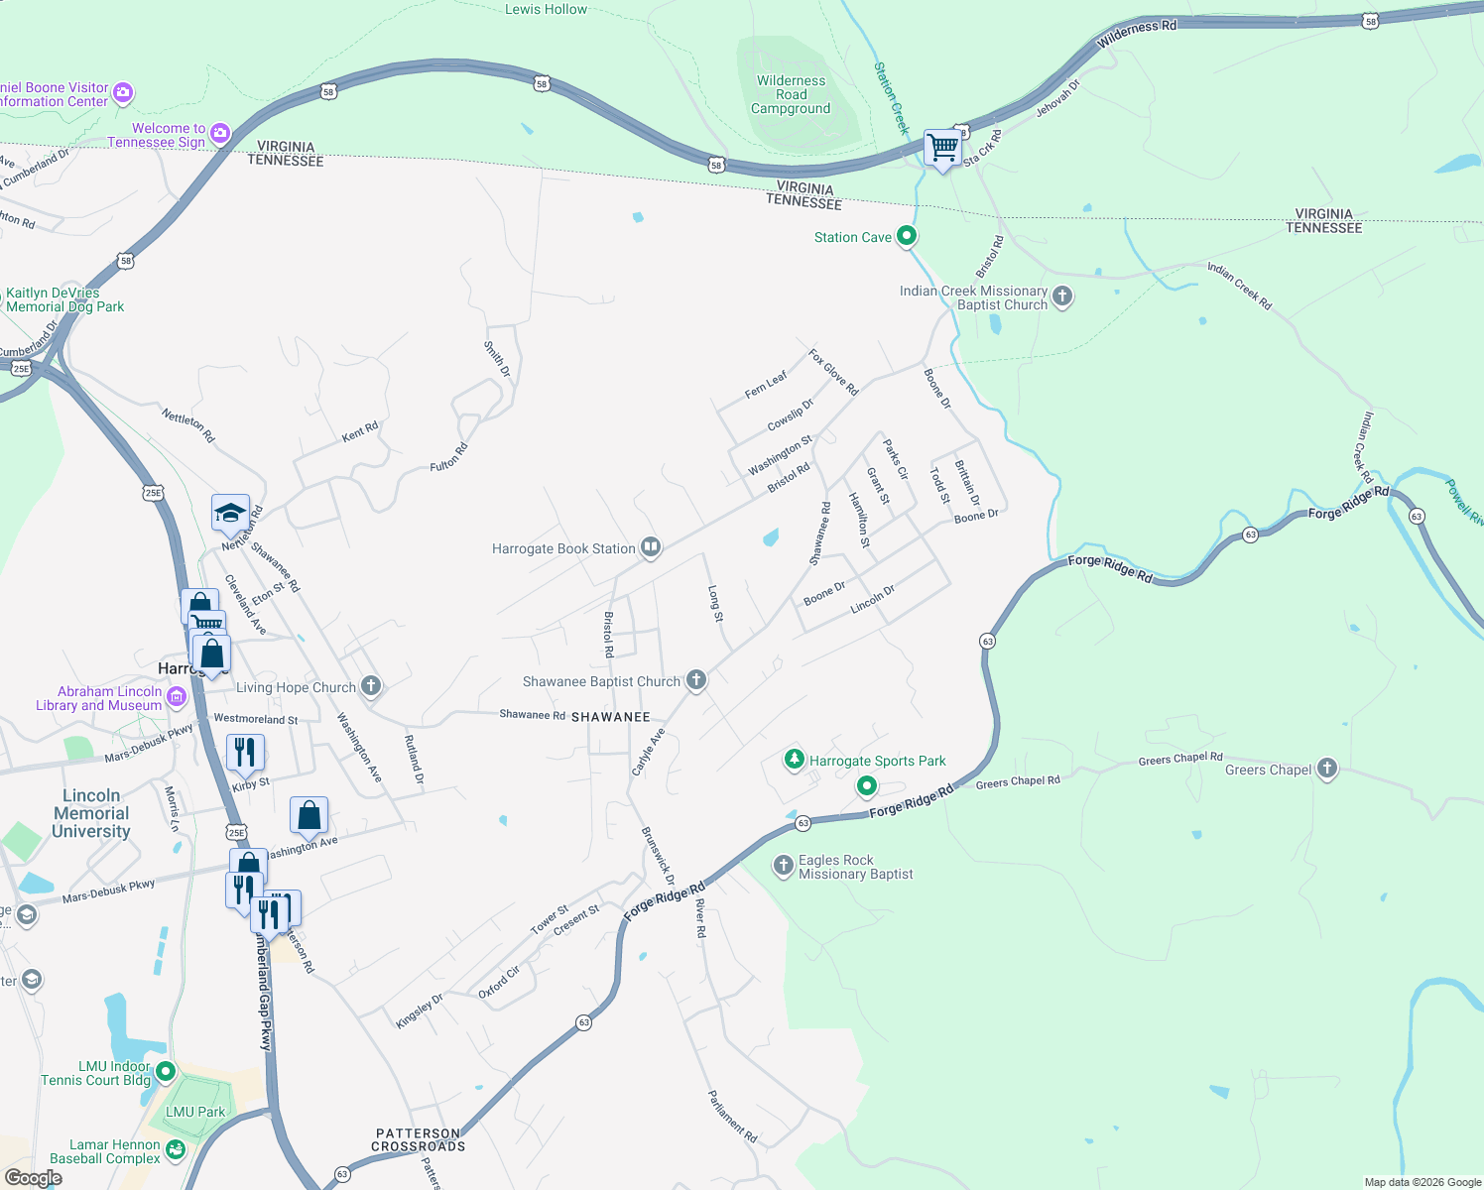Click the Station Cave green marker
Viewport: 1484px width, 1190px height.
coord(907,236)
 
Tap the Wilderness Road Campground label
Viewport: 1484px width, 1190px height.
coord(791,95)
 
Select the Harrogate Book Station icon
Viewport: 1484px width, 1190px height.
coord(651,547)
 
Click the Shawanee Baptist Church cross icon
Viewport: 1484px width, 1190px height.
coord(696,680)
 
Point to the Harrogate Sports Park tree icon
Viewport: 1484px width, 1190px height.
coord(794,760)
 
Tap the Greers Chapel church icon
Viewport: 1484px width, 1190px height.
coord(1327,769)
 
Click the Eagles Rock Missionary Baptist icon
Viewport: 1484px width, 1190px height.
coord(784,865)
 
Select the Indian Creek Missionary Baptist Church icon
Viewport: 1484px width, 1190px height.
coord(1062,297)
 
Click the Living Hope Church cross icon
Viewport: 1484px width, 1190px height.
coord(371,686)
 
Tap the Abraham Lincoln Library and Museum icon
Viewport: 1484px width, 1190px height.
coord(177,697)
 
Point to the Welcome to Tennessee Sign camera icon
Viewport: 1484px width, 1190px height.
coord(220,133)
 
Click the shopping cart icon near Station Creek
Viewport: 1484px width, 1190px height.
coord(942,148)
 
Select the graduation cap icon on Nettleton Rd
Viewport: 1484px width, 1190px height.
coord(230,513)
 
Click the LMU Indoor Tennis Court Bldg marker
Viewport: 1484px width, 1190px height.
coord(166,1072)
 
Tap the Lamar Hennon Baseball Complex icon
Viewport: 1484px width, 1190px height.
coord(176,1150)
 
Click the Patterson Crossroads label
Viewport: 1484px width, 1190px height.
coord(418,1139)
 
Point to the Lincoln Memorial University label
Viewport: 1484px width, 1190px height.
coord(91,813)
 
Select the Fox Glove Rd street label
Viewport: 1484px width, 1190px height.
coord(832,372)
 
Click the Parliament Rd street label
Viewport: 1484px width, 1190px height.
coord(732,1116)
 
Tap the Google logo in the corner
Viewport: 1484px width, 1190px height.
coord(34,1178)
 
